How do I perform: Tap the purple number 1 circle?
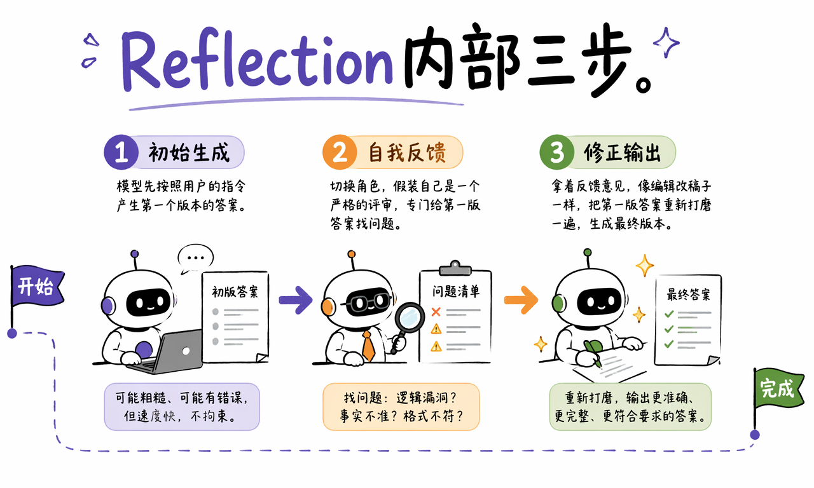click(121, 152)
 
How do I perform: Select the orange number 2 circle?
click(340, 152)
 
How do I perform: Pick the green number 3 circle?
click(556, 152)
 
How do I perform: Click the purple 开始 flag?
click(36, 286)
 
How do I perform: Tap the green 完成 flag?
click(778, 388)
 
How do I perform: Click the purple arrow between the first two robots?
click(296, 300)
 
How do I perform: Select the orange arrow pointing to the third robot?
click(521, 300)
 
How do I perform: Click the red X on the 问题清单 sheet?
click(436, 311)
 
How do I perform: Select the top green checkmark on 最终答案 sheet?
click(669, 314)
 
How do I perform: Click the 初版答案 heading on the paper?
click(235, 292)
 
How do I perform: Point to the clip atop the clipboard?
click(455, 268)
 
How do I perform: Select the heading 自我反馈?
click(407, 152)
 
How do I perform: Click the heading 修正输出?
click(622, 152)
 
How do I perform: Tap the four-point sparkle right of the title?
click(666, 43)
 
